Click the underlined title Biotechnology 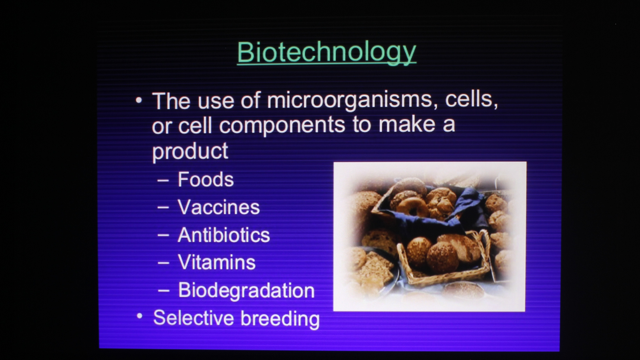(327, 52)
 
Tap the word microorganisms (350, 101)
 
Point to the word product (190, 152)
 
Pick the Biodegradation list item (246, 291)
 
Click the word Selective (193, 318)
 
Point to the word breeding (280, 319)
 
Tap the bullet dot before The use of (139, 100)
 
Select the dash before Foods (163, 181)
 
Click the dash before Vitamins (163, 263)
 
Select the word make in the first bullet (407, 124)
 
